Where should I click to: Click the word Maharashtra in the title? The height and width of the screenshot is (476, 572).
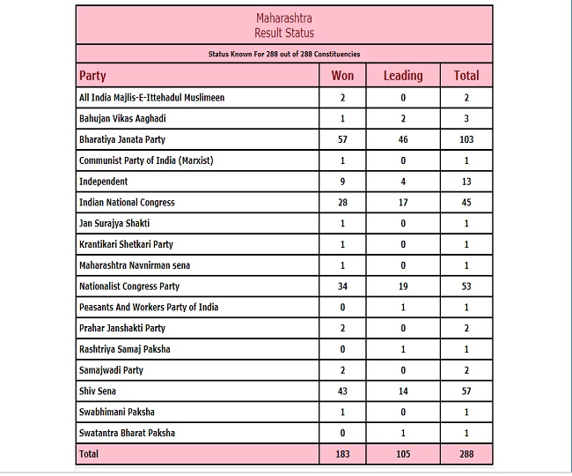point(283,18)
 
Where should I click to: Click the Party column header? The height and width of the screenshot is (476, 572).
point(92,76)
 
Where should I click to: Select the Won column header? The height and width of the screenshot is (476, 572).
point(342,76)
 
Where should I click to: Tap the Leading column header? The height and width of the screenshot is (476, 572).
point(403,76)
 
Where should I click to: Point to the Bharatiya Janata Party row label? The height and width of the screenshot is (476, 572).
point(122,139)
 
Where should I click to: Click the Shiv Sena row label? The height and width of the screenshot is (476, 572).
point(98,391)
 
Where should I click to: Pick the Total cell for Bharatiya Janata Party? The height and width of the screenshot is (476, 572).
point(466,139)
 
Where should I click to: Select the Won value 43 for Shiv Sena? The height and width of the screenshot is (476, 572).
point(342,391)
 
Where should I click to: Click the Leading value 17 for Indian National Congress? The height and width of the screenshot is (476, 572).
point(403,203)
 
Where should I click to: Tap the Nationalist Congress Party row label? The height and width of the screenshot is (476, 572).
point(129,286)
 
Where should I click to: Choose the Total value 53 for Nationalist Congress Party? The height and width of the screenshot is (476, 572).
point(466,286)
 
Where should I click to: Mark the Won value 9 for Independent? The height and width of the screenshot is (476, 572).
point(342,182)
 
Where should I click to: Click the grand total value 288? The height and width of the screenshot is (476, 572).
point(466,455)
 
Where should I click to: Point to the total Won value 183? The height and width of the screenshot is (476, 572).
point(342,455)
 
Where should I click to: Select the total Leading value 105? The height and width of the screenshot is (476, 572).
point(403,455)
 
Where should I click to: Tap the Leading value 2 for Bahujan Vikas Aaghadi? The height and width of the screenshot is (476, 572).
point(403,118)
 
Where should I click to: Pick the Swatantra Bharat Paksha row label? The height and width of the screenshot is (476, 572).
point(126,434)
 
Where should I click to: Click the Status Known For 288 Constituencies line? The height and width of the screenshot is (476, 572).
point(283,54)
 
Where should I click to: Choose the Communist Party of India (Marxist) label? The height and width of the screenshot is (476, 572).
point(146,160)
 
